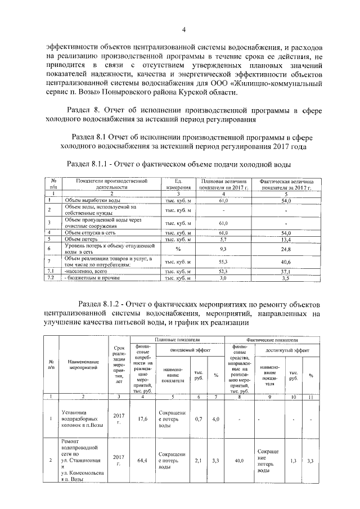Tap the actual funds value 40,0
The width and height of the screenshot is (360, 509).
pyautogui.click(x=239, y=461)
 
